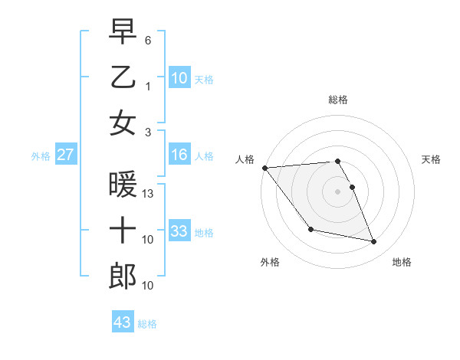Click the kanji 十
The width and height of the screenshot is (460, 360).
point(123,231)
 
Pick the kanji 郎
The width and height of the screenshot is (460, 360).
point(123,277)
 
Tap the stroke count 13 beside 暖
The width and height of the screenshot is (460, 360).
point(149,195)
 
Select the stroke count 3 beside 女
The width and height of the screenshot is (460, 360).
point(149,133)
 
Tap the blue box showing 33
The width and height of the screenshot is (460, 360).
point(179,231)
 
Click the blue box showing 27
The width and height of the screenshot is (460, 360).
point(66,155)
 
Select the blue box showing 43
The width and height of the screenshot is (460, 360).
point(122,322)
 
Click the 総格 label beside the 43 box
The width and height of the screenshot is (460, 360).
point(147,324)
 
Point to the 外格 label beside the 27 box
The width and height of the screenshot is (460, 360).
point(41,156)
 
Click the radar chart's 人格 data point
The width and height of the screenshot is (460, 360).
point(264,168)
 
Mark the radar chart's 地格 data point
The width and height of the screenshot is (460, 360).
point(374,242)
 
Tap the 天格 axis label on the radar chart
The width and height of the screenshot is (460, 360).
point(431,159)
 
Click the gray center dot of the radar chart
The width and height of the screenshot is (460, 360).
point(337,191)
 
